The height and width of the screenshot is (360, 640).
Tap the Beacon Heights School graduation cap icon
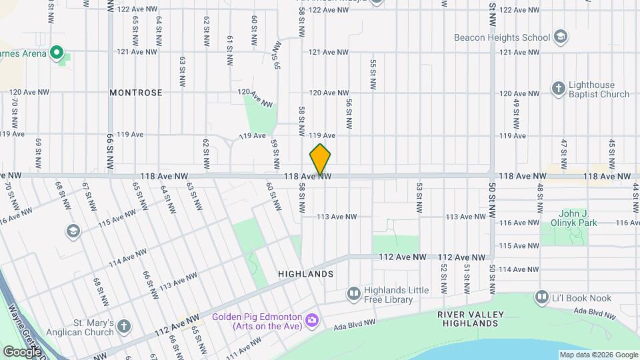point(561,37)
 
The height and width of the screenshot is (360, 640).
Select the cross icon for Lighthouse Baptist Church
point(559,88)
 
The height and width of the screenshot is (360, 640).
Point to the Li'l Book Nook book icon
point(541,296)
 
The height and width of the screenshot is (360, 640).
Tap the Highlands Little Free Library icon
point(353,293)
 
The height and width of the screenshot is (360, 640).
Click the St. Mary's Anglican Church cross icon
point(123,326)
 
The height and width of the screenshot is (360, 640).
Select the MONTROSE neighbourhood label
point(136,93)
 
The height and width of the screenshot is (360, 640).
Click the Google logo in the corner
point(21,351)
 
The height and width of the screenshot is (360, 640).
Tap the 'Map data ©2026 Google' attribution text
point(598,355)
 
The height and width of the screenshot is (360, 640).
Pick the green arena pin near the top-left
point(57,51)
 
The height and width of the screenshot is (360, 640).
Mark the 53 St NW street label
point(419,198)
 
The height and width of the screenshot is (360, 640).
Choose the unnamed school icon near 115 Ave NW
point(73,231)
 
